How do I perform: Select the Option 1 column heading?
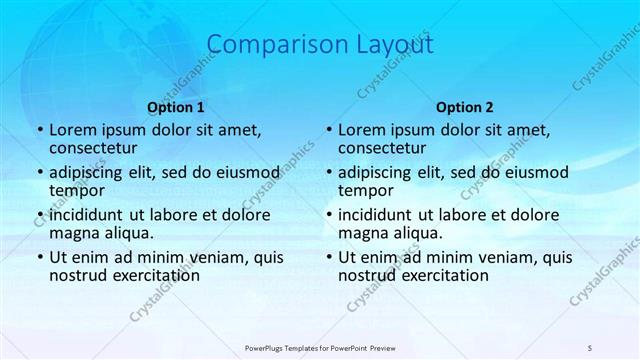[x=176, y=107]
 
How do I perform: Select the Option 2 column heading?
[x=465, y=107]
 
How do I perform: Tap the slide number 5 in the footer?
[x=591, y=347]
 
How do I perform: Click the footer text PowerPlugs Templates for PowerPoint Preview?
[x=320, y=347]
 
